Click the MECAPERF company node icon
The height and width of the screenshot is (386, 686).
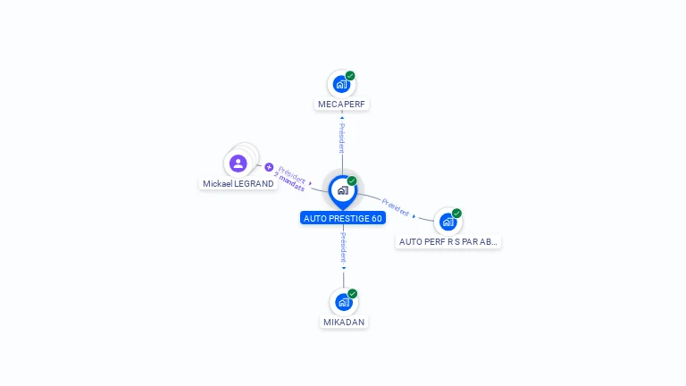tap(341, 85)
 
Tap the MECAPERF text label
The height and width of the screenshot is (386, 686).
tap(342, 105)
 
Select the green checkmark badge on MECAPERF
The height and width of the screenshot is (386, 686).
tap(350, 76)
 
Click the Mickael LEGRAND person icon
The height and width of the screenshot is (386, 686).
tap(238, 164)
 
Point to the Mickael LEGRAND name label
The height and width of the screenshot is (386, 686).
tap(238, 184)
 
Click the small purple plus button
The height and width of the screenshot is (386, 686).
tap(268, 167)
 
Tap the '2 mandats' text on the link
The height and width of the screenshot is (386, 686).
tap(289, 183)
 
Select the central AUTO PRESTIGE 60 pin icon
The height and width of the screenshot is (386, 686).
tap(342, 190)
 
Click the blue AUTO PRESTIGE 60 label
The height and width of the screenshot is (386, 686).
tap(343, 218)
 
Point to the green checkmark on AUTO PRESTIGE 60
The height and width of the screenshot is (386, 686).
tap(352, 181)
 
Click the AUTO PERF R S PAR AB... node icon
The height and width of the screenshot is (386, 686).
tap(448, 222)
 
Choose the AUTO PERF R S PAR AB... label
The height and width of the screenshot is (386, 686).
tap(448, 241)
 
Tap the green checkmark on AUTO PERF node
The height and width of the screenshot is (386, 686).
tap(456, 214)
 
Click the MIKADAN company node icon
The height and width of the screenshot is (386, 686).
tap(344, 302)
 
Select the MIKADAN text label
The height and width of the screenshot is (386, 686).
tap(344, 322)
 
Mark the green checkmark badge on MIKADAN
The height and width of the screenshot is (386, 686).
tap(353, 294)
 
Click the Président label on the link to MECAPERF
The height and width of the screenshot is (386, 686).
tap(342, 138)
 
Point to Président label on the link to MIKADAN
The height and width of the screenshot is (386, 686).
tap(343, 248)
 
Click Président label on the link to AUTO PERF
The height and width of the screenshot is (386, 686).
tap(396, 206)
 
